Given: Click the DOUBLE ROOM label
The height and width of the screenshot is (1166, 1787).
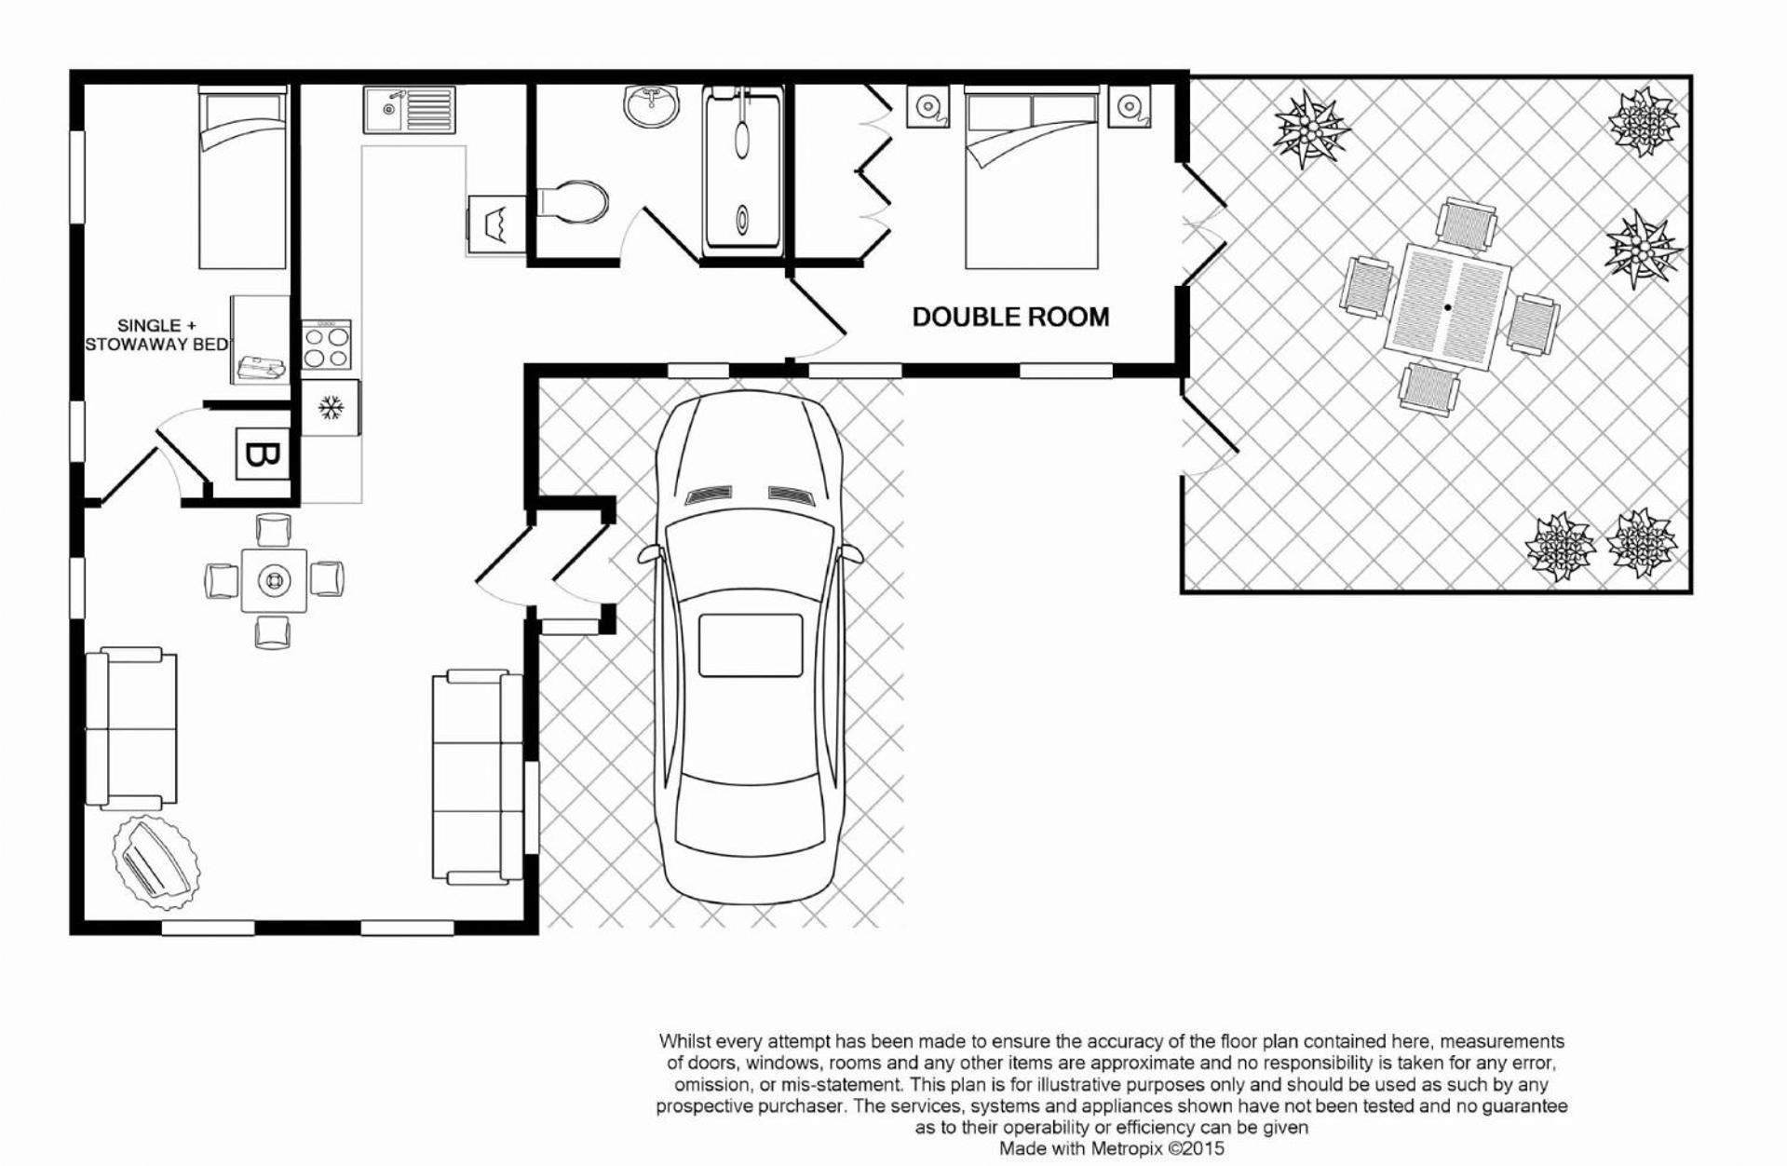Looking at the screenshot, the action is [1010, 318].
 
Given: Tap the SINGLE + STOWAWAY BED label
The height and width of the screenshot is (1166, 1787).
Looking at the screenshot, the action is [156, 335].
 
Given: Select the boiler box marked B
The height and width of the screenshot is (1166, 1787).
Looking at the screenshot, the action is [262, 454].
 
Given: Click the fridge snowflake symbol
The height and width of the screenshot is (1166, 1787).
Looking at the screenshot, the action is [330, 407].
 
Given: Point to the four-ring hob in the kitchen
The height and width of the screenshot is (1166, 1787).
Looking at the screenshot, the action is [327, 345].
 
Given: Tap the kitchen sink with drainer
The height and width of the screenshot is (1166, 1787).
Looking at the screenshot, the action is [409, 109].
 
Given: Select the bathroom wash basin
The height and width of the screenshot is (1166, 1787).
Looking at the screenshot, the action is [654, 106].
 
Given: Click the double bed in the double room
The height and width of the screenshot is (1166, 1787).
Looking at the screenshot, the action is [1032, 178].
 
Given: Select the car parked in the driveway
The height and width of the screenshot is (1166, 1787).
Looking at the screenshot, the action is [751, 646].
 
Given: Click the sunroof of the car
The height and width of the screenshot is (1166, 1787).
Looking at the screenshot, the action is [751, 645].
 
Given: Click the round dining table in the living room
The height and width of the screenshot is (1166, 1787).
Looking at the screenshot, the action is [274, 580].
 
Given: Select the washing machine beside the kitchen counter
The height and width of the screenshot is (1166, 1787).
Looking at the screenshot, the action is [494, 223].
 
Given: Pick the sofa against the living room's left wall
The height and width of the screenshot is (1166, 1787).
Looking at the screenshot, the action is [131, 728].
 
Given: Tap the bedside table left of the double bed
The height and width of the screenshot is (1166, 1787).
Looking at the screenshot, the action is [927, 106].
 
